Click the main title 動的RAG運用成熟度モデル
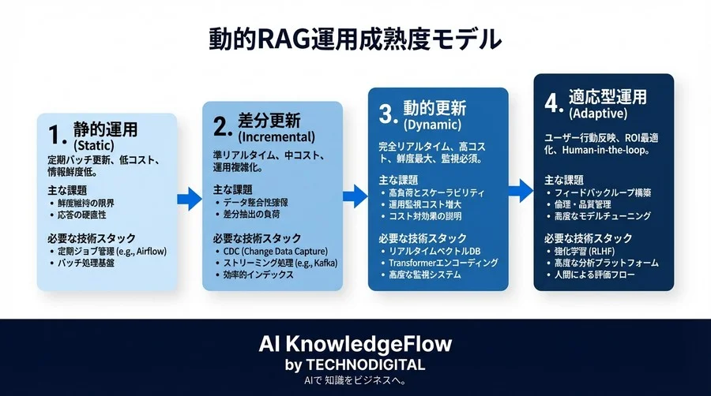(x=355, y=38)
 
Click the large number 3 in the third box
(x=386, y=115)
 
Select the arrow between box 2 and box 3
(x=355, y=193)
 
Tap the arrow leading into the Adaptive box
(x=520, y=188)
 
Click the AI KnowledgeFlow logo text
(x=355, y=345)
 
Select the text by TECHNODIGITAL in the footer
(x=355, y=364)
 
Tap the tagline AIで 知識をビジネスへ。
(x=355, y=381)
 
